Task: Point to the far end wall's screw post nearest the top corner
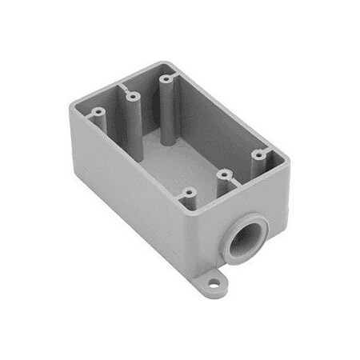[x=167, y=80]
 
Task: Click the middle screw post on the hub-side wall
[x=224, y=174]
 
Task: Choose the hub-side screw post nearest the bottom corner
[x=190, y=194]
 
